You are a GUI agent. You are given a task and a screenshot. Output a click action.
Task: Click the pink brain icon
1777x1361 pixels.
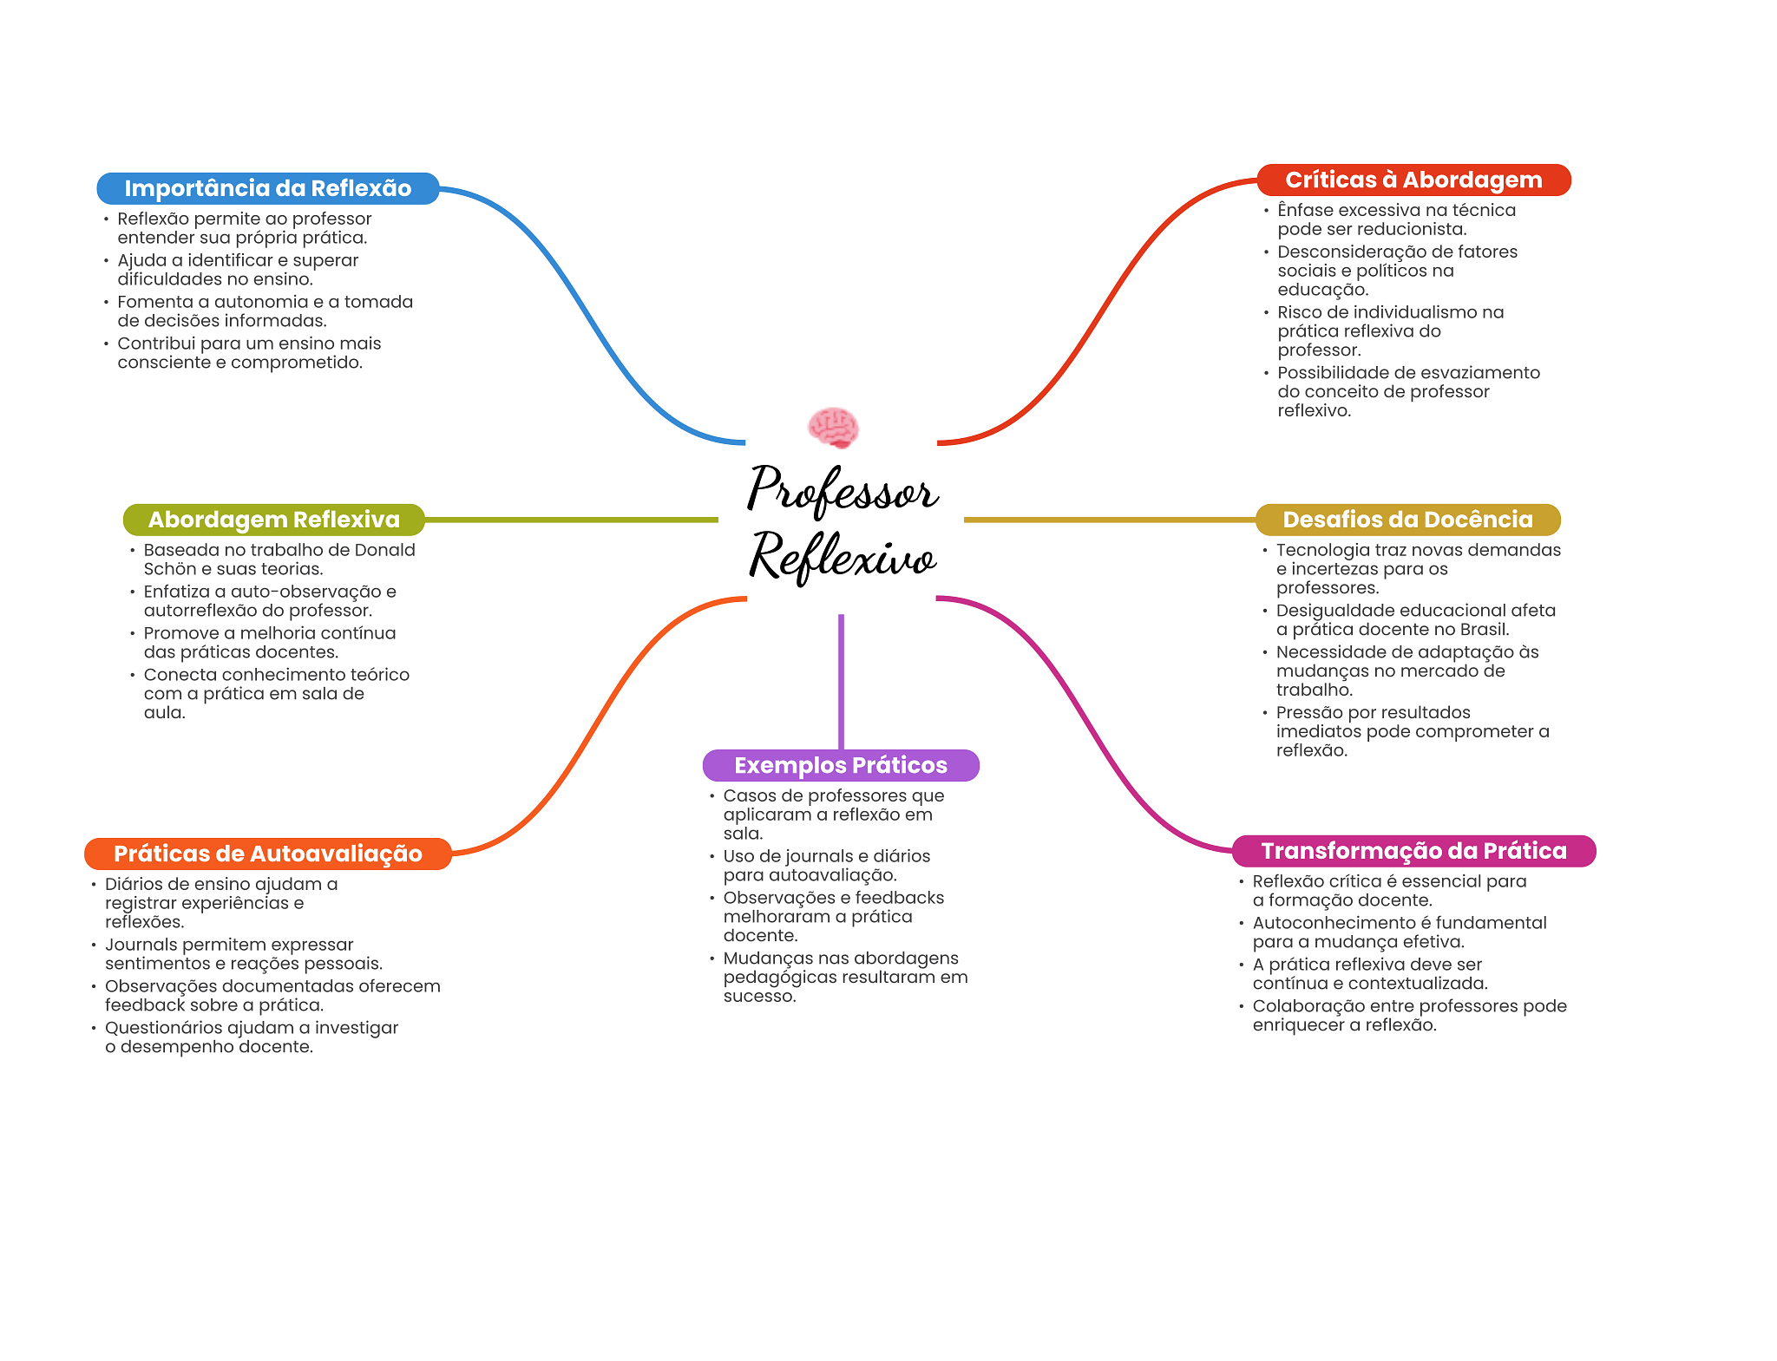[x=833, y=427]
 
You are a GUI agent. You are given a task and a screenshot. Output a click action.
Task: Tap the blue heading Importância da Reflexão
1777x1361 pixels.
[x=267, y=188]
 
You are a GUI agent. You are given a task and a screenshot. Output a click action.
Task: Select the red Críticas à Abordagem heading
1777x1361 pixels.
[x=1413, y=180]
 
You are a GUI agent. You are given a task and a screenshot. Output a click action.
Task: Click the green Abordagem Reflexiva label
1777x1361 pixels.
[x=273, y=520]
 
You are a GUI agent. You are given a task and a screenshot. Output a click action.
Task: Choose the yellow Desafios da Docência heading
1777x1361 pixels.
[x=1407, y=520]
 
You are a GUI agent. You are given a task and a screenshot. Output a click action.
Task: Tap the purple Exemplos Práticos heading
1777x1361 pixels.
[x=841, y=765]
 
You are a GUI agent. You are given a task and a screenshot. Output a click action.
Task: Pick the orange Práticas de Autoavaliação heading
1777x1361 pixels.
[x=268, y=854]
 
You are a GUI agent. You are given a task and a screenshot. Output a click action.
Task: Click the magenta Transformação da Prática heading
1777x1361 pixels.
[x=1413, y=851]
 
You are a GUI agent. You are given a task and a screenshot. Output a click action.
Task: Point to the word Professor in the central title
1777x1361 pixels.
[x=842, y=489]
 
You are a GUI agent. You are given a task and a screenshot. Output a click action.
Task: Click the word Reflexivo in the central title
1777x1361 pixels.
[x=842, y=556]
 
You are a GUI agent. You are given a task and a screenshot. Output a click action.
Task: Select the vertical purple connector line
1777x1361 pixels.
[x=841, y=681]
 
